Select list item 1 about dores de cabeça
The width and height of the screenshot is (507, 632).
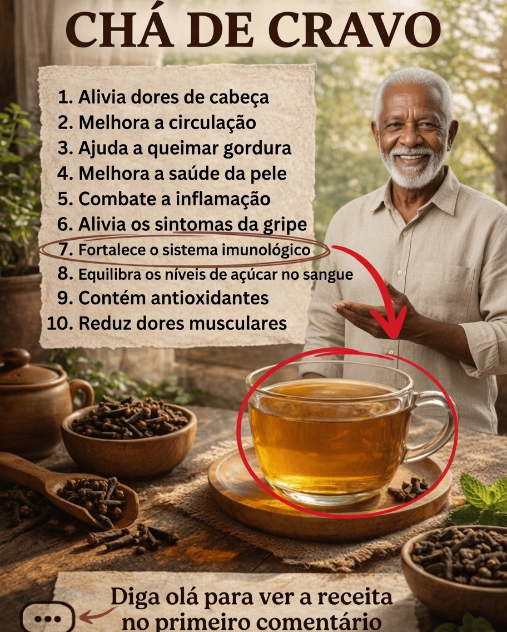[x=163, y=97]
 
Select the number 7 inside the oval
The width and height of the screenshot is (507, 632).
[x=66, y=250]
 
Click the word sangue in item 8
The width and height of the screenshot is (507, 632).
[x=332, y=275]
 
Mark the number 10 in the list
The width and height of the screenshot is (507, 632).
[x=61, y=323]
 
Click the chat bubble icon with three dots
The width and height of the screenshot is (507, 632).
[x=47, y=618]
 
